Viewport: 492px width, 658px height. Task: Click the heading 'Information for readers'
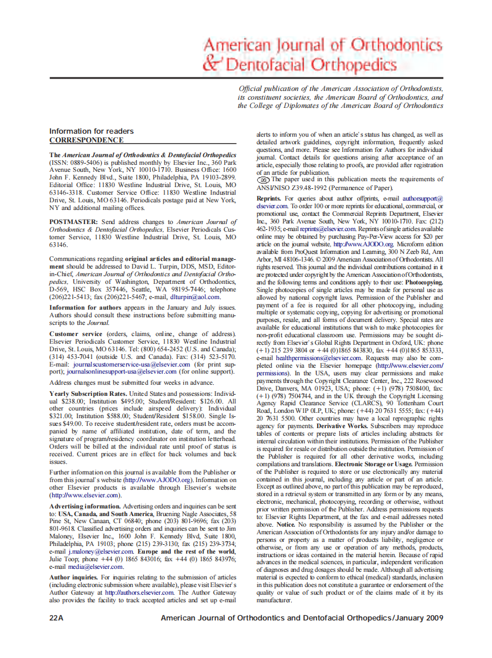pos(91,131)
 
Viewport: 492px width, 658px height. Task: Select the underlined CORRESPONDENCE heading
pos(86,140)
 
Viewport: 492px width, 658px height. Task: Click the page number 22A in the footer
pos(57,618)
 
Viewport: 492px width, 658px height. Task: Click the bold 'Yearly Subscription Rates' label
pos(87,393)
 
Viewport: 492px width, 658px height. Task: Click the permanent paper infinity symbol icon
pos(264,180)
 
